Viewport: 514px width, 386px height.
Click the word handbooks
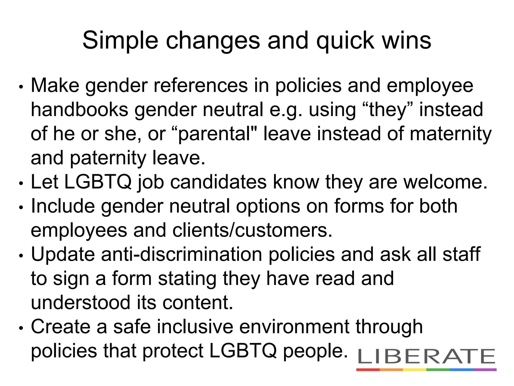click(79, 110)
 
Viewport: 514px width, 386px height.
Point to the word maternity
click(451, 134)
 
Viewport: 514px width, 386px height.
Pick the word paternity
click(108, 158)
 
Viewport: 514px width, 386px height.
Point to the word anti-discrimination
click(182, 254)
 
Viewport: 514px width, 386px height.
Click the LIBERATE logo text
click(426, 356)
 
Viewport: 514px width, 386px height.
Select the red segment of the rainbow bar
click(368, 370)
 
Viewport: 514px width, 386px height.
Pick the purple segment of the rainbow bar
click(485, 370)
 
